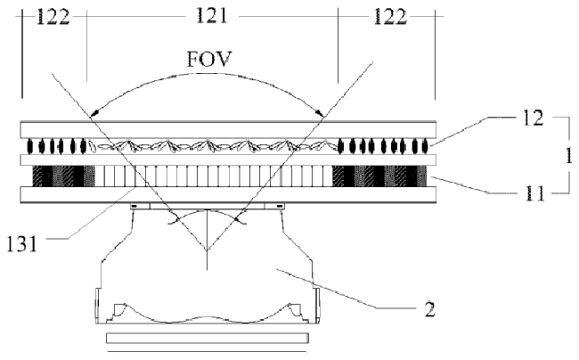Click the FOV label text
pyautogui.click(x=209, y=59)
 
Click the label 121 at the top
pyautogui.click(x=212, y=16)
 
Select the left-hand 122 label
pyautogui.click(x=53, y=17)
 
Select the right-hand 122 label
pyautogui.click(x=390, y=17)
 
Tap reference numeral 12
pyautogui.click(x=533, y=119)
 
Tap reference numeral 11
pyautogui.click(x=535, y=192)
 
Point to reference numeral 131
pyautogui.click(x=22, y=243)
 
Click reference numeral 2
pyautogui.click(x=429, y=309)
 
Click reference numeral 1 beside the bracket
pyautogui.click(x=569, y=155)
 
